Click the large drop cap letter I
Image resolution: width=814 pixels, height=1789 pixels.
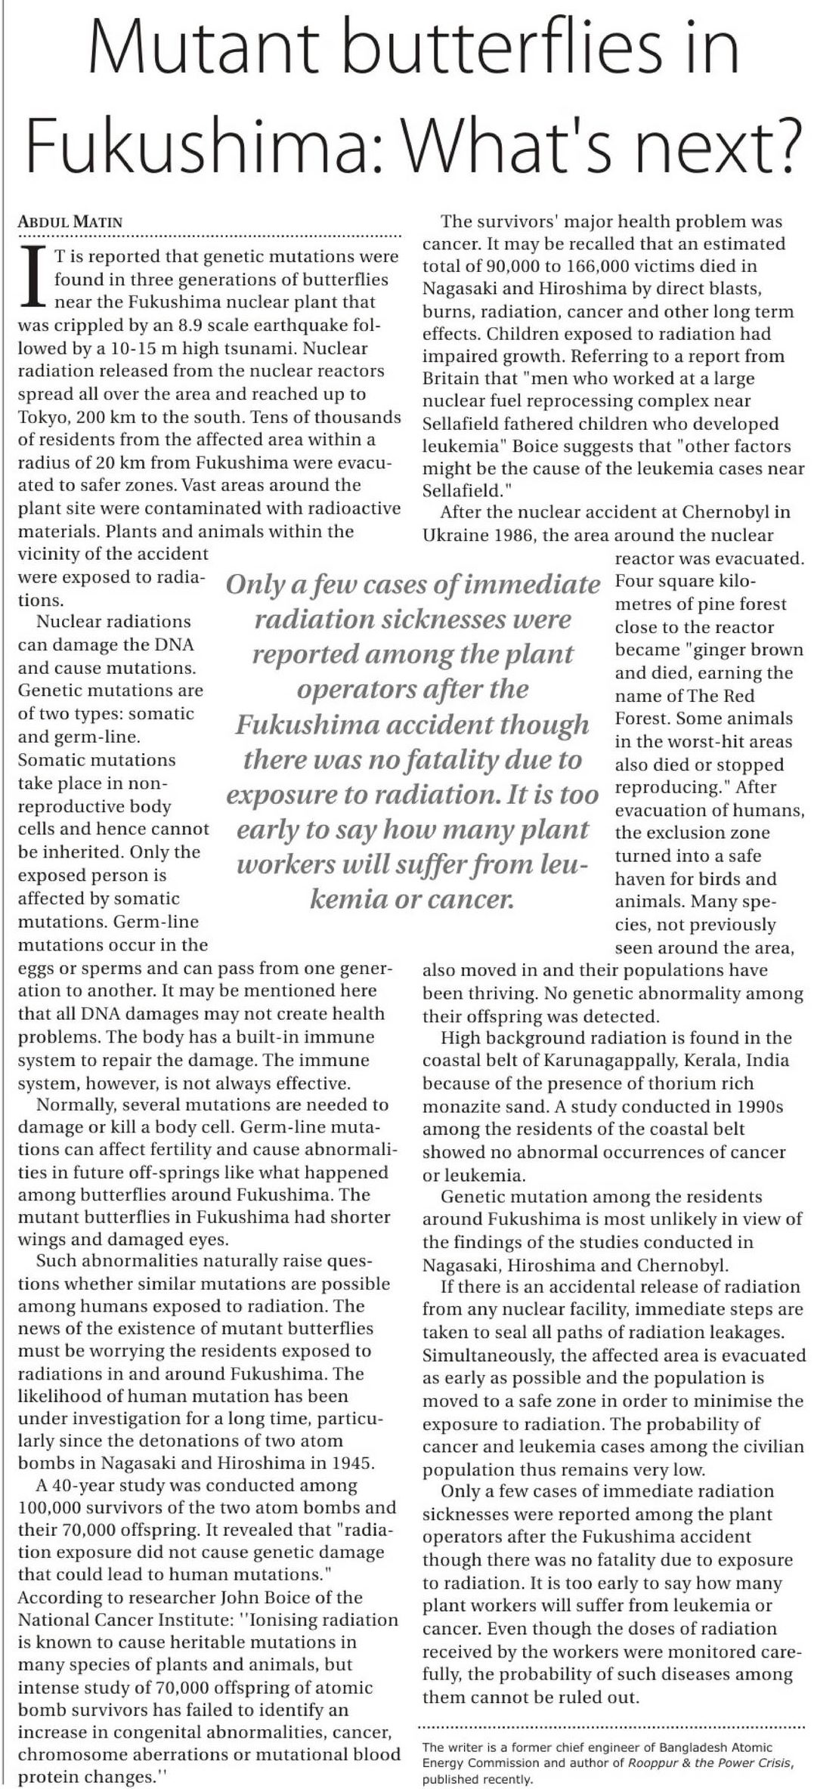33,279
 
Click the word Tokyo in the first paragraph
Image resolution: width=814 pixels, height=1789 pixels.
42,416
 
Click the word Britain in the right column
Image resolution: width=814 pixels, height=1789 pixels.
453,379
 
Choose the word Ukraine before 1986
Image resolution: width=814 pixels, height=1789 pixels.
453,536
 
